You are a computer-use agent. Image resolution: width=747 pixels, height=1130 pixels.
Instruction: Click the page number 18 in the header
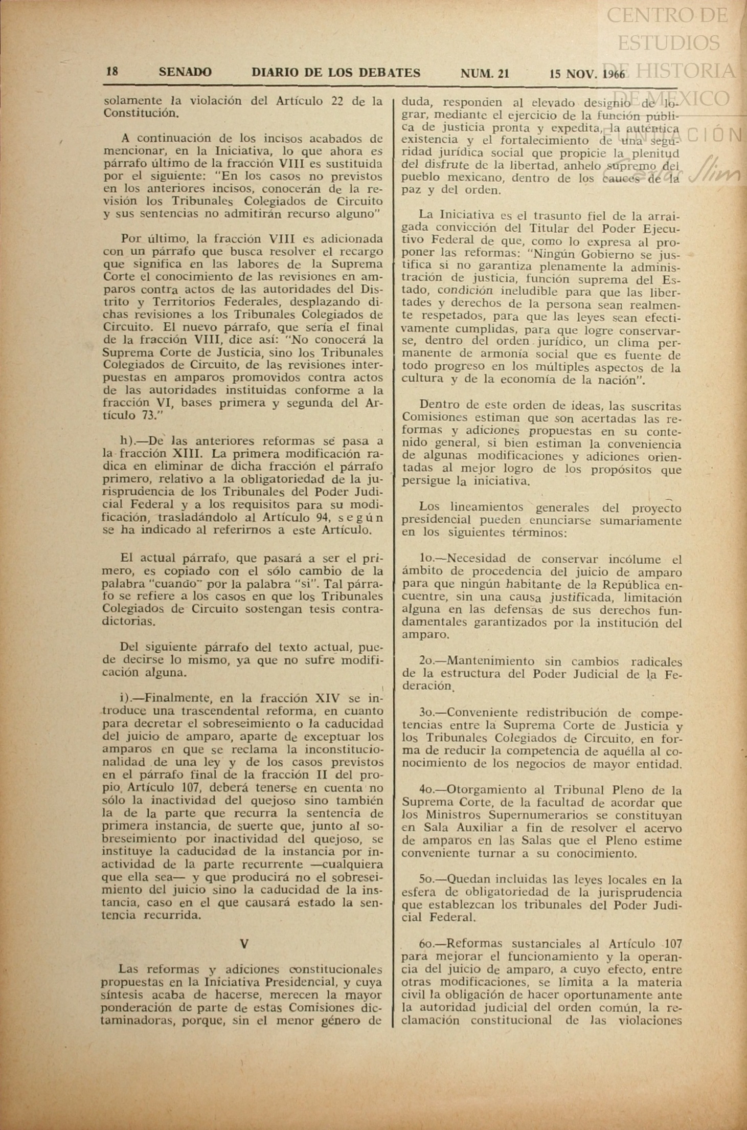[x=112, y=72]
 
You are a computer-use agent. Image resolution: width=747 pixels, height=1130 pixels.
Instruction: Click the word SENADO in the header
[x=185, y=72]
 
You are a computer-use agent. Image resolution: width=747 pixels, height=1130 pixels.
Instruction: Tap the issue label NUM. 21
[x=484, y=73]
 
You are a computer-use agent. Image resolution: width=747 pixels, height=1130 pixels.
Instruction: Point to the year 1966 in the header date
[x=614, y=74]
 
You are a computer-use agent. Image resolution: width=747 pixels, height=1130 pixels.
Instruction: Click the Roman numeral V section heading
[x=244, y=943]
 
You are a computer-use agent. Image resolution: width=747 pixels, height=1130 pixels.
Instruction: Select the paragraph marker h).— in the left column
[x=136, y=440]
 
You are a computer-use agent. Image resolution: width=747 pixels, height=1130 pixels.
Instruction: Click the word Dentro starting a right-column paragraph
[x=437, y=406]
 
